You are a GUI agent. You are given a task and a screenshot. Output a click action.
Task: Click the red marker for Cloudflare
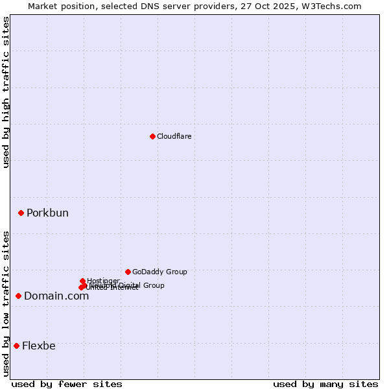click(x=152, y=136)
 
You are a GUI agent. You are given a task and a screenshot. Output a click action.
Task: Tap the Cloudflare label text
click(x=174, y=136)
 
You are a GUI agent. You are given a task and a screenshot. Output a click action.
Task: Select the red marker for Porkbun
click(x=21, y=213)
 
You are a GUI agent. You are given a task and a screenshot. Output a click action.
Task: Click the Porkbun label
click(x=47, y=213)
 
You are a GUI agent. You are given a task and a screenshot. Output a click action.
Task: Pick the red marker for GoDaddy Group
click(x=128, y=272)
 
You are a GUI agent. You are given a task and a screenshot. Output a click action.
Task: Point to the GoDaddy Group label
click(x=159, y=272)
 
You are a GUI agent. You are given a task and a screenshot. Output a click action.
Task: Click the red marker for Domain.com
click(x=18, y=296)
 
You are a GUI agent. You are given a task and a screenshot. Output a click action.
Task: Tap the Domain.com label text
click(x=56, y=296)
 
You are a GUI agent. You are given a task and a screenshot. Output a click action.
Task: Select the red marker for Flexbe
click(x=16, y=346)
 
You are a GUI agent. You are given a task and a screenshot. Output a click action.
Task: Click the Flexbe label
click(x=39, y=346)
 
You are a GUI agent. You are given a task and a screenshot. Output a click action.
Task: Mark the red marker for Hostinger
click(x=82, y=281)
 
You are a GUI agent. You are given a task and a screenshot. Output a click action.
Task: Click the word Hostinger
click(x=103, y=281)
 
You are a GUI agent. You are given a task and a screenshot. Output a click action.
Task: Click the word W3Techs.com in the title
click(x=334, y=6)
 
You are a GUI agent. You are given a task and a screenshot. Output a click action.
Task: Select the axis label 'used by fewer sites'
click(x=67, y=384)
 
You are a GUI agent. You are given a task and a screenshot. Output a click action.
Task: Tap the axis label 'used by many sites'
click(x=325, y=384)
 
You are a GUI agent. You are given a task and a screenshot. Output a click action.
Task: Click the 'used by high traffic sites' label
click(x=6, y=92)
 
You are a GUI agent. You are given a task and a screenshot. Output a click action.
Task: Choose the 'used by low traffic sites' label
click(x=6, y=303)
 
